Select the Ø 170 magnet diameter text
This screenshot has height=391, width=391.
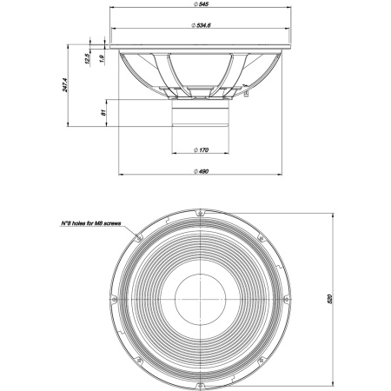202,150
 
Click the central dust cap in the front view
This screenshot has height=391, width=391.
202,298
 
